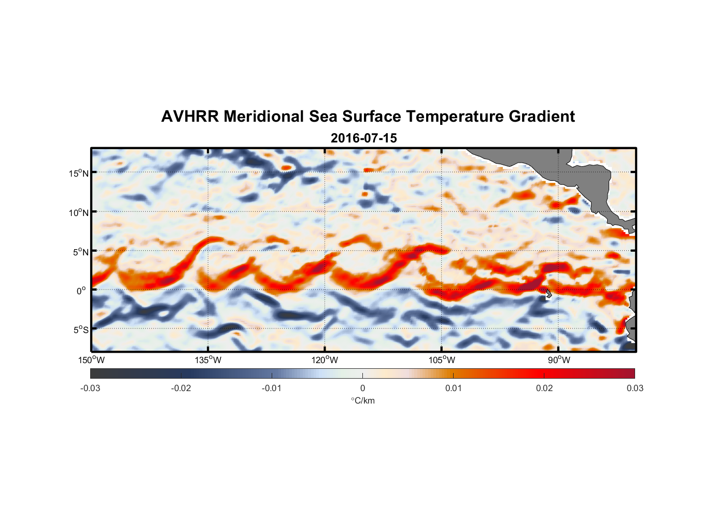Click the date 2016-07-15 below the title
click(x=363, y=138)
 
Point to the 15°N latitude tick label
click(x=79, y=173)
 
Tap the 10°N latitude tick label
click(x=79, y=212)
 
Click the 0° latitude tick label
click(x=81, y=291)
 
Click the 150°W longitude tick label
click(x=91, y=360)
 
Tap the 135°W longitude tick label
click(x=208, y=360)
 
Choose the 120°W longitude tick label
click(x=325, y=360)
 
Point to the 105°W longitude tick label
click(x=442, y=360)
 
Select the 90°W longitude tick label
click(x=558, y=360)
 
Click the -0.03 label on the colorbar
click(x=90, y=388)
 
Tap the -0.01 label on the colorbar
click(x=272, y=388)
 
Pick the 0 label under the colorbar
click(x=362, y=388)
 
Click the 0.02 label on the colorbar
click(x=544, y=388)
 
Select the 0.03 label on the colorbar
click(x=635, y=388)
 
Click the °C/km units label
click(x=362, y=400)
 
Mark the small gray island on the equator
click(x=549, y=294)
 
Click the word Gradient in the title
click(x=541, y=117)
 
